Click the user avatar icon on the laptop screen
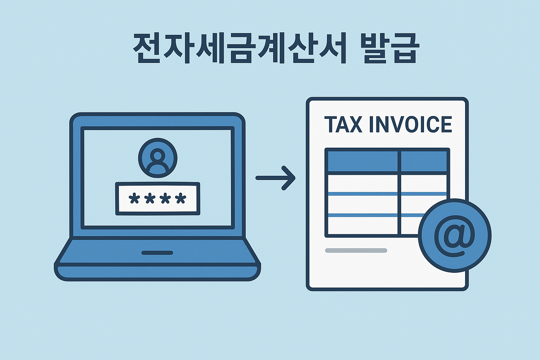click(157, 158)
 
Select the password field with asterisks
click(157, 199)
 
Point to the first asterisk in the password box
click(134, 199)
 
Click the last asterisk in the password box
click(181, 199)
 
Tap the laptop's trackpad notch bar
click(157, 253)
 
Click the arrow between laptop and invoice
click(276, 178)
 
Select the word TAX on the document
click(343, 125)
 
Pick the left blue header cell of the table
click(362, 161)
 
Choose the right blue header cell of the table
click(424, 161)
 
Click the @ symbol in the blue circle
click(454, 235)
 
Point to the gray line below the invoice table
click(356, 251)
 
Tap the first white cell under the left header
click(362, 183)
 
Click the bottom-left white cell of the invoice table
click(362, 225)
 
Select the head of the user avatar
click(157, 154)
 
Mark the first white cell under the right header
click(424, 183)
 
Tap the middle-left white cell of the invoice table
click(362, 204)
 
